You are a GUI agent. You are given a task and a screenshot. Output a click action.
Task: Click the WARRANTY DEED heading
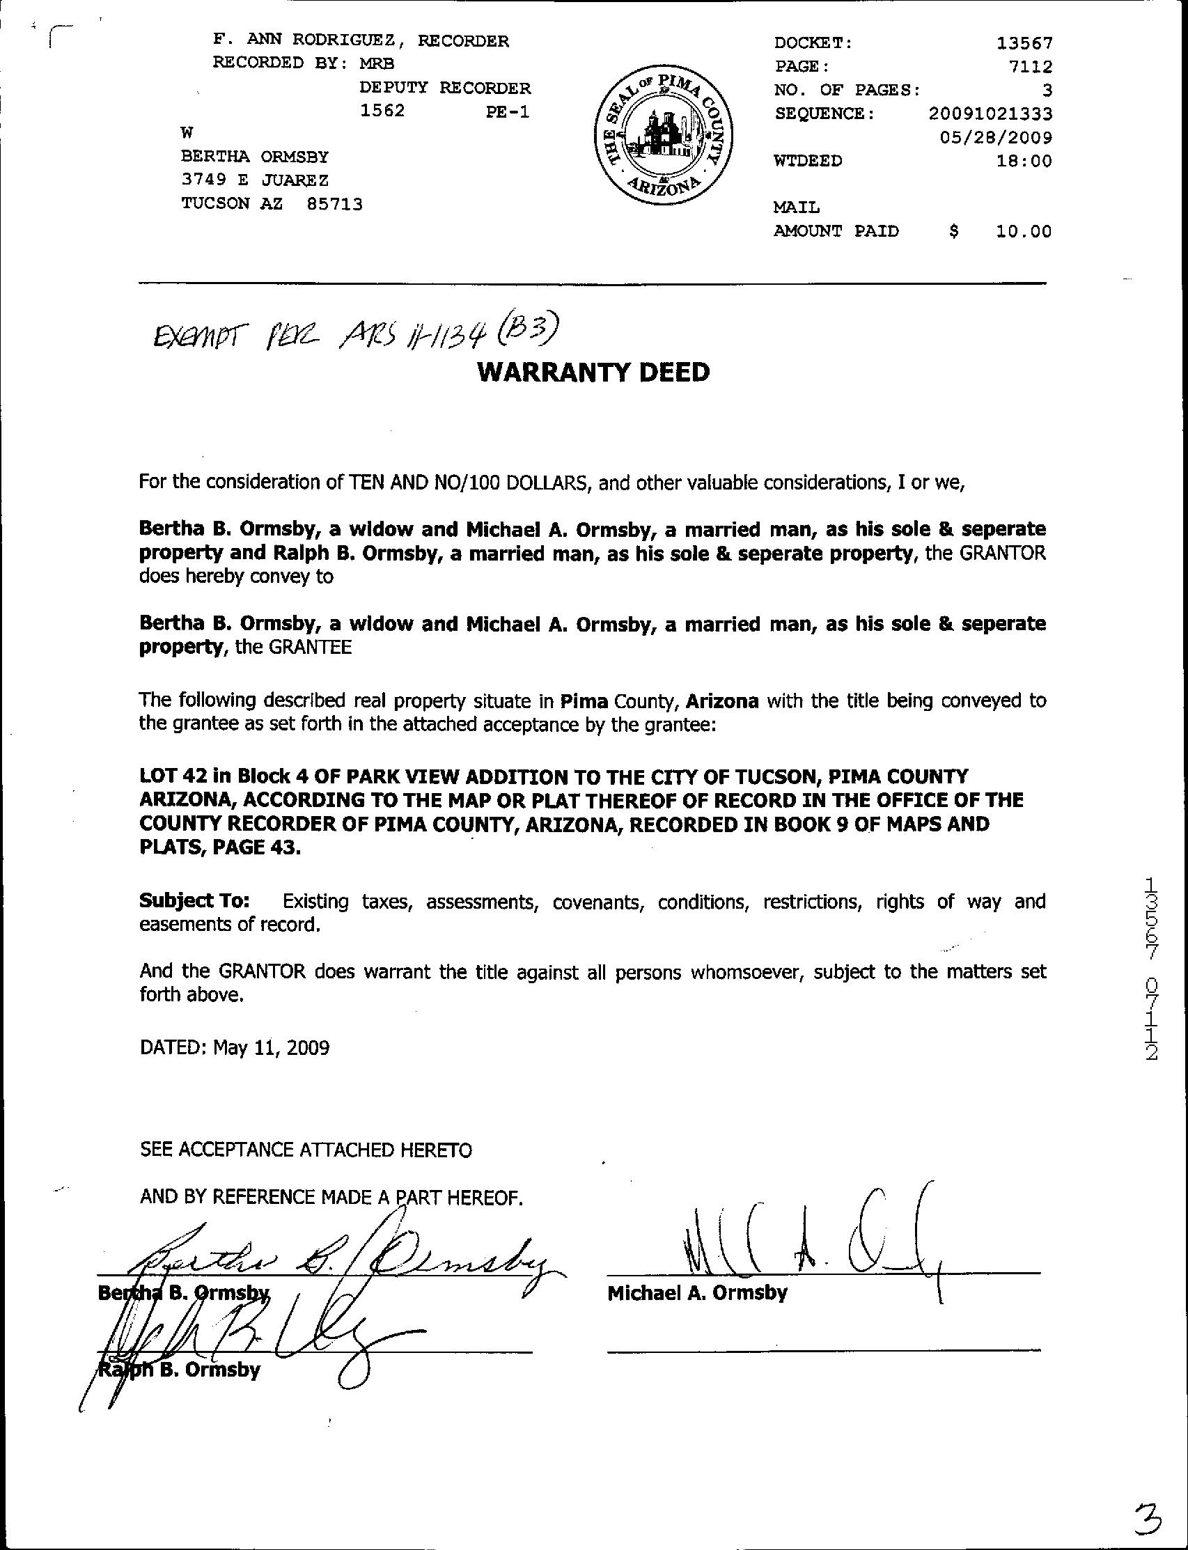coord(593,372)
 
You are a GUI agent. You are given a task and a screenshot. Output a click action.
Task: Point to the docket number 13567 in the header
coord(1024,43)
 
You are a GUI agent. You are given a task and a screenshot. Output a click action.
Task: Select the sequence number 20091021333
coord(990,113)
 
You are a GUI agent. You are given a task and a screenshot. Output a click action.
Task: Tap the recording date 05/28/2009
coord(996,137)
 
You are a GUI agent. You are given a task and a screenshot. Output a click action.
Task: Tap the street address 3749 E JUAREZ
coord(255,180)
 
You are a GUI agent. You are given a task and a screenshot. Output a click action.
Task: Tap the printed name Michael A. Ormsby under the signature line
coord(696,1293)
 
